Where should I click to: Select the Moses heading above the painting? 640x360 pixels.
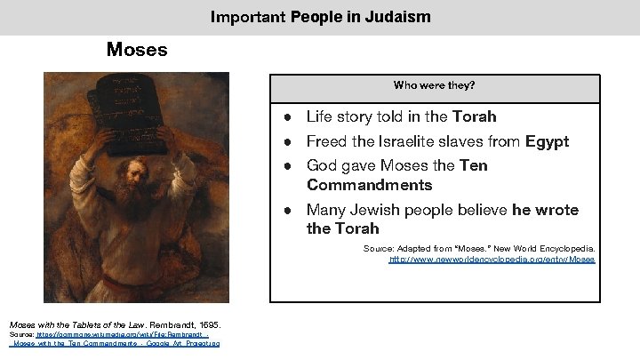point(136,50)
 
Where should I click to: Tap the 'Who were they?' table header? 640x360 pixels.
point(434,85)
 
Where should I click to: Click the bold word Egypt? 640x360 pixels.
point(544,141)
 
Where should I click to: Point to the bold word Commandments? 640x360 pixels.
point(370,185)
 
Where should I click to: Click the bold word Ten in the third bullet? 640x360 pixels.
point(474,165)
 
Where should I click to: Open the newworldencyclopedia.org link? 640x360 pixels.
point(492,260)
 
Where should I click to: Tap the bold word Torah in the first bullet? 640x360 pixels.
point(474,117)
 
